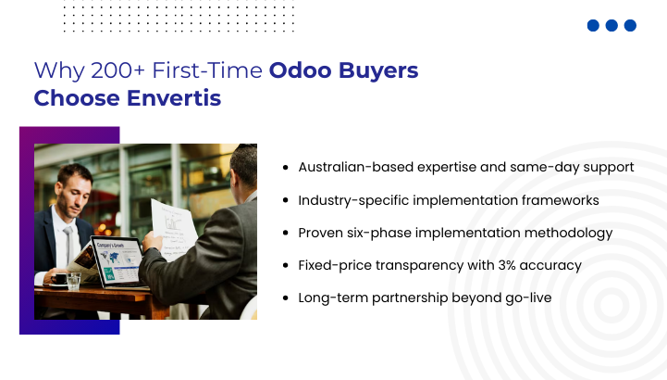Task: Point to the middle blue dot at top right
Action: pyautogui.click(x=611, y=26)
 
